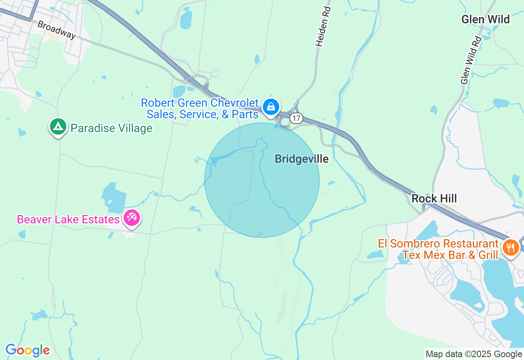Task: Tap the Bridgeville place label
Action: pos(302,159)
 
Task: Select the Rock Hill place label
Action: pos(434,198)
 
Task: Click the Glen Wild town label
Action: pos(486,19)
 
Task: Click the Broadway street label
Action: pos(56,30)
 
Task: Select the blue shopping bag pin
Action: pos(271,107)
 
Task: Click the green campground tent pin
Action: pos(58,126)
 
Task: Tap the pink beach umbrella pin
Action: pos(132,218)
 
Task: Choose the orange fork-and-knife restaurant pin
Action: pos(511,248)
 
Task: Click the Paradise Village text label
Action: pos(111,128)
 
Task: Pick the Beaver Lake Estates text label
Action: pos(68,219)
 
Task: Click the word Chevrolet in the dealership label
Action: pos(235,103)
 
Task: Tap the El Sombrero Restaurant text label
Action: pos(438,244)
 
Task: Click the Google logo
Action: pos(27,350)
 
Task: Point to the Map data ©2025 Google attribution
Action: pos(474,354)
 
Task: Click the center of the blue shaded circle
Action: pos(262,180)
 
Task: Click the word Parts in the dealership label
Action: pos(246,115)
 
